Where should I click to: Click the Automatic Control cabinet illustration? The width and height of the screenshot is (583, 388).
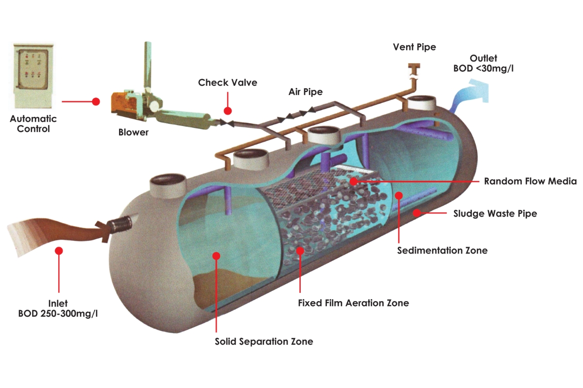[34, 76]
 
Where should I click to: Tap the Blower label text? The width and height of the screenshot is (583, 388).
[133, 132]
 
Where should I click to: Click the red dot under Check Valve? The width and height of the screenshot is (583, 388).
[228, 111]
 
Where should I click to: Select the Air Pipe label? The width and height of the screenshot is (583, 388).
[306, 92]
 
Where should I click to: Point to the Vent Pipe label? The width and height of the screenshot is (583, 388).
[414, 47]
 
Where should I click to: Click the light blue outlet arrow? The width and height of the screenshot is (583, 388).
[470, 95]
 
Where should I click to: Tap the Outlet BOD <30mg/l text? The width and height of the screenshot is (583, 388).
[483, 63]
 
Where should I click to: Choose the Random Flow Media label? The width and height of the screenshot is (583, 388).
[530, 181]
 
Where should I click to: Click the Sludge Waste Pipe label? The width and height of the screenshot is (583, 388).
[495, 213]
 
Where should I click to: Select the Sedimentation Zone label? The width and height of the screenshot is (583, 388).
[442, 250]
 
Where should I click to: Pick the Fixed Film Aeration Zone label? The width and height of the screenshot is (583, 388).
[353, 303]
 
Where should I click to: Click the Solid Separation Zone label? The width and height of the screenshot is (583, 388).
[264, 341]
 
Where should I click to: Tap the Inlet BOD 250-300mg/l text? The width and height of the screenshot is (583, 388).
[58, 308]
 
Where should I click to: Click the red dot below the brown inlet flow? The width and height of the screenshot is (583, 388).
[59, 251]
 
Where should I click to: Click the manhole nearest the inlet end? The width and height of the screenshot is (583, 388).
[168, 185]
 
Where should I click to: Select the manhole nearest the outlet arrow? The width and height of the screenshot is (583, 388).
[421, 103]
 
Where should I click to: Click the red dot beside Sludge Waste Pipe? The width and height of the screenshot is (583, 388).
[417, 213]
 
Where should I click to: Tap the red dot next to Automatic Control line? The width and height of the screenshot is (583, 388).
[96, 102]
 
